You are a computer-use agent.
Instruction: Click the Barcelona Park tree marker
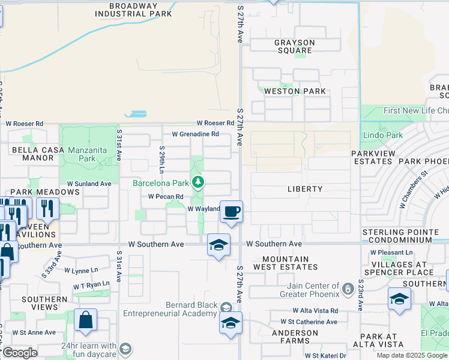pyautogui.click(x=197, y=182)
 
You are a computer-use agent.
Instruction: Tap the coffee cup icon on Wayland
pyautogui.click(x=231, y=211)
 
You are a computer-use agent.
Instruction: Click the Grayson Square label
pyautogui.click(x=294, y=46)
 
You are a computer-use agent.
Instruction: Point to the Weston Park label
pyautogui.click(x=295, y=91)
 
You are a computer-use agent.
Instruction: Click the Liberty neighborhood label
pyautogui.click(x=305, y=189)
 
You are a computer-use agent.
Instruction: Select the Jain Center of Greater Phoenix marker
pyautogui.click(x=348, y=290)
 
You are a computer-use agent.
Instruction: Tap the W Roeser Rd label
pyautogui.click(x=25, y=124)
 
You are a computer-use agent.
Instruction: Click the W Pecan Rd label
pyautogui.click(x=166, y=196)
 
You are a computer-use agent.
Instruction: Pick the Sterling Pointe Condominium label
pyautogui.click(x=405, y=236)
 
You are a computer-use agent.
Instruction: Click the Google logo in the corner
pyautogui.click(x=20, y=353)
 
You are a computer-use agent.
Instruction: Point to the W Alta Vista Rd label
pyautogui.click(x=316, y=311)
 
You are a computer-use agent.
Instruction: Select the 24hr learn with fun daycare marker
pyautogui.click(x=125, y=349)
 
